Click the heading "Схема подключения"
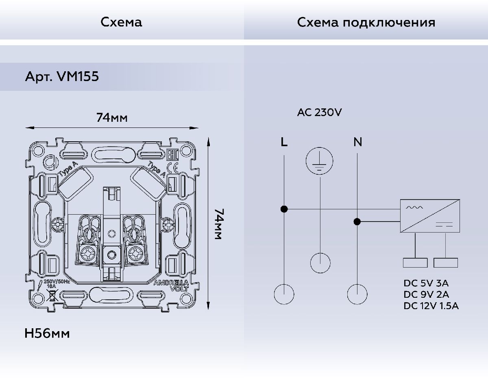[366, 22]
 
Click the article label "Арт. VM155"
[62, 77]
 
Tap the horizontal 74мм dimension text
[112, 118]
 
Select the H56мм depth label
[47, 334]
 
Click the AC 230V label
[319, 112]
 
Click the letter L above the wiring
[284, 142]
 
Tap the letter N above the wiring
[357, 142]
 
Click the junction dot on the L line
[284, 209]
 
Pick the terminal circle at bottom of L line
[284, 294]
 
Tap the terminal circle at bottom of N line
[357, 294]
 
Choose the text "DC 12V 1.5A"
[431, 306]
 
